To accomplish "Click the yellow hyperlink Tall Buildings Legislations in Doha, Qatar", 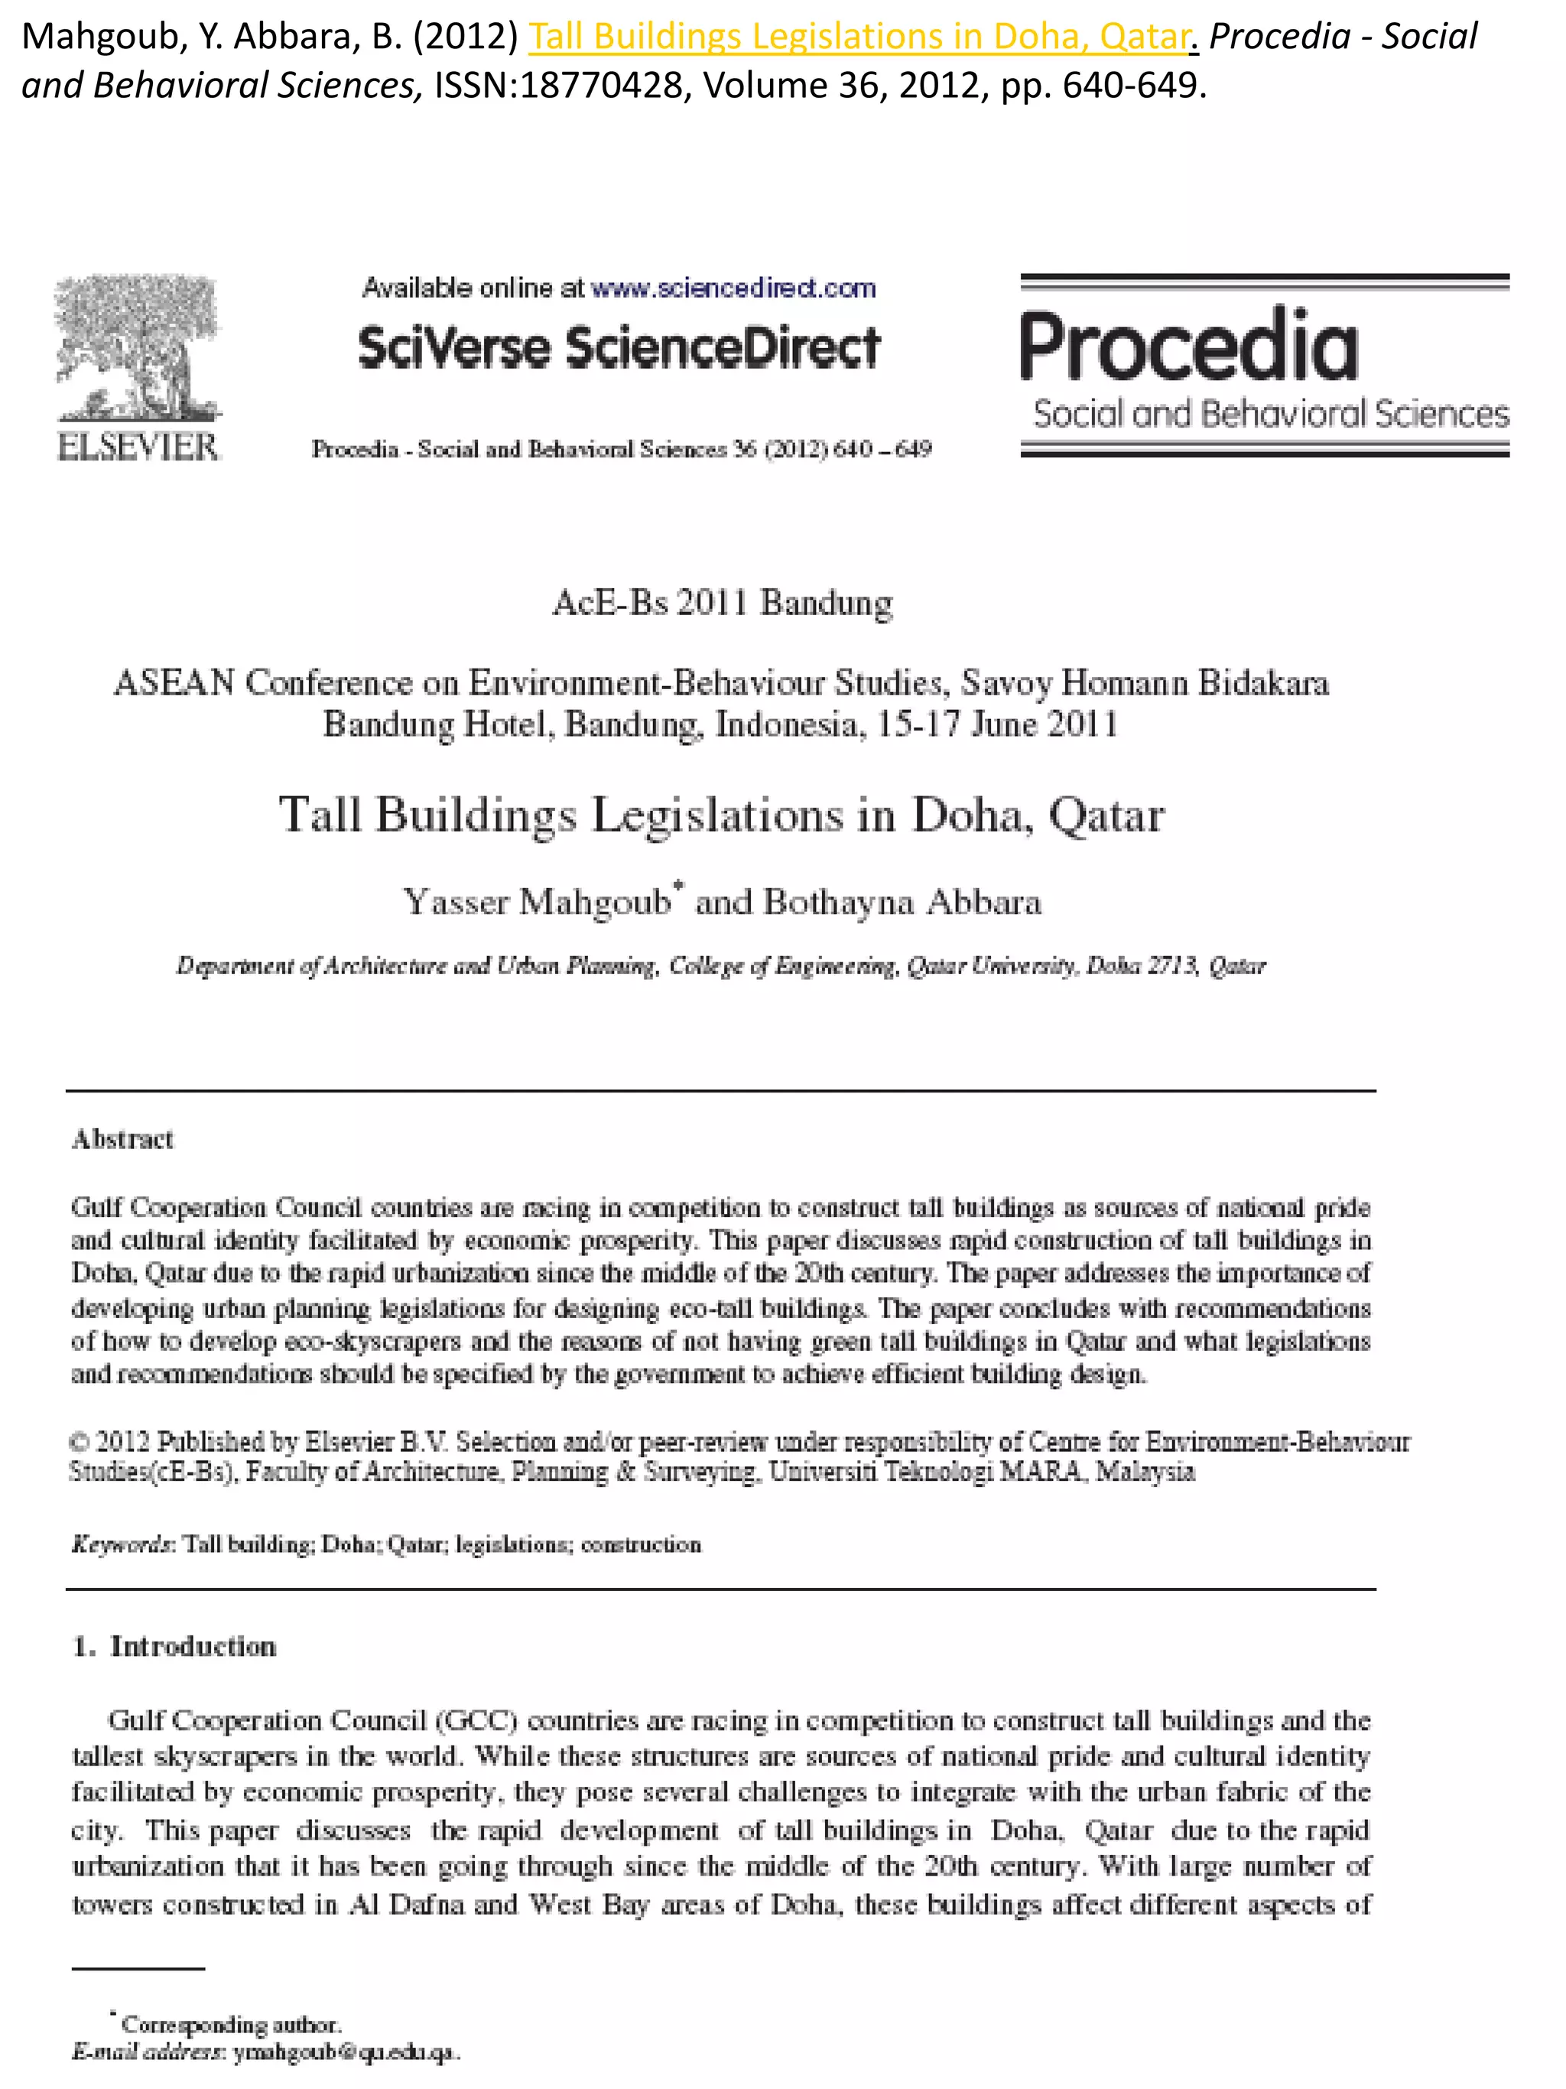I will (857, 37).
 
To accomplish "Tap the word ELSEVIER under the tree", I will (138, 447).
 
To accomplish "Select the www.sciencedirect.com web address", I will (733, 288).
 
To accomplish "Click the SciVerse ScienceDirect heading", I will (619, 347).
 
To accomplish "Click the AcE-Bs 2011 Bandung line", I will (722, 603).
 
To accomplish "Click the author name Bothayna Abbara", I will (902, 902).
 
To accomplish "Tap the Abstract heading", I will (122, 1139).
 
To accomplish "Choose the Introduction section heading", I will (193, 1646).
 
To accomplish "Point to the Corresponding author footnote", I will (230, 2025).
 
